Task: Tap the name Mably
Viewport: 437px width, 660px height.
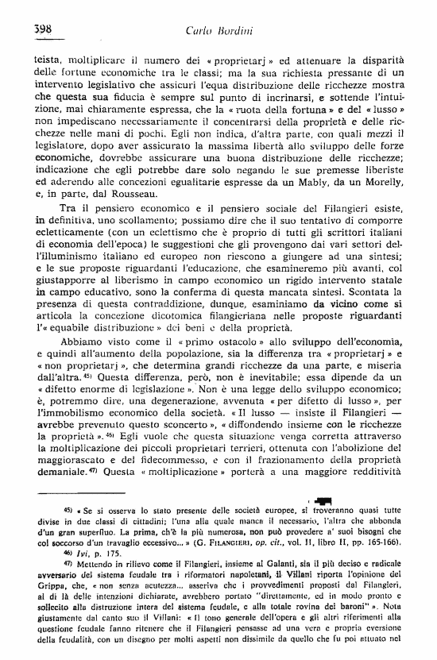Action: point(313,178)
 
